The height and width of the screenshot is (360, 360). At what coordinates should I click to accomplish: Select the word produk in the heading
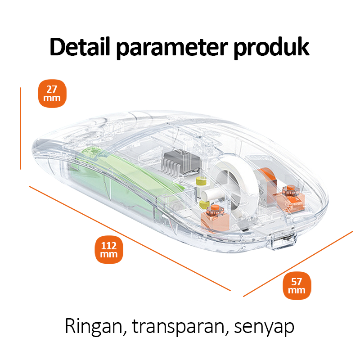point(271,47)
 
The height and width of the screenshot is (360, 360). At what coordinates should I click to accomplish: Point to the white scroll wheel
point(238,180)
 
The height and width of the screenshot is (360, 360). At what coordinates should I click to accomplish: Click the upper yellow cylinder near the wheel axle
point(201,181)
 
